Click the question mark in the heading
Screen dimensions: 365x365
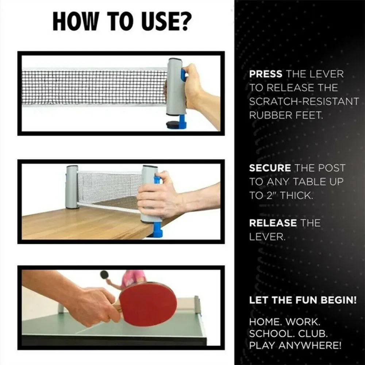[x=184, y=22]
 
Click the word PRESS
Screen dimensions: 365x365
[x=265, y=74]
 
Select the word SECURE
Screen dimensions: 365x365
[x=270, y=168]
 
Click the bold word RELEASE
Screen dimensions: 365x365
[x=273, y=223]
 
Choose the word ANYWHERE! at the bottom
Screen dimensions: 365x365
[x=310, y=345]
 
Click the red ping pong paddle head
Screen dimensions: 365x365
[x=148, y=304]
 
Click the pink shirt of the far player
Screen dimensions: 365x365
[x=133, y=278]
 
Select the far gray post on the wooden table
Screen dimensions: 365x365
[x=72, y=187]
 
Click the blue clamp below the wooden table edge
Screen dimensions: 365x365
[x=157, y=230]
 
